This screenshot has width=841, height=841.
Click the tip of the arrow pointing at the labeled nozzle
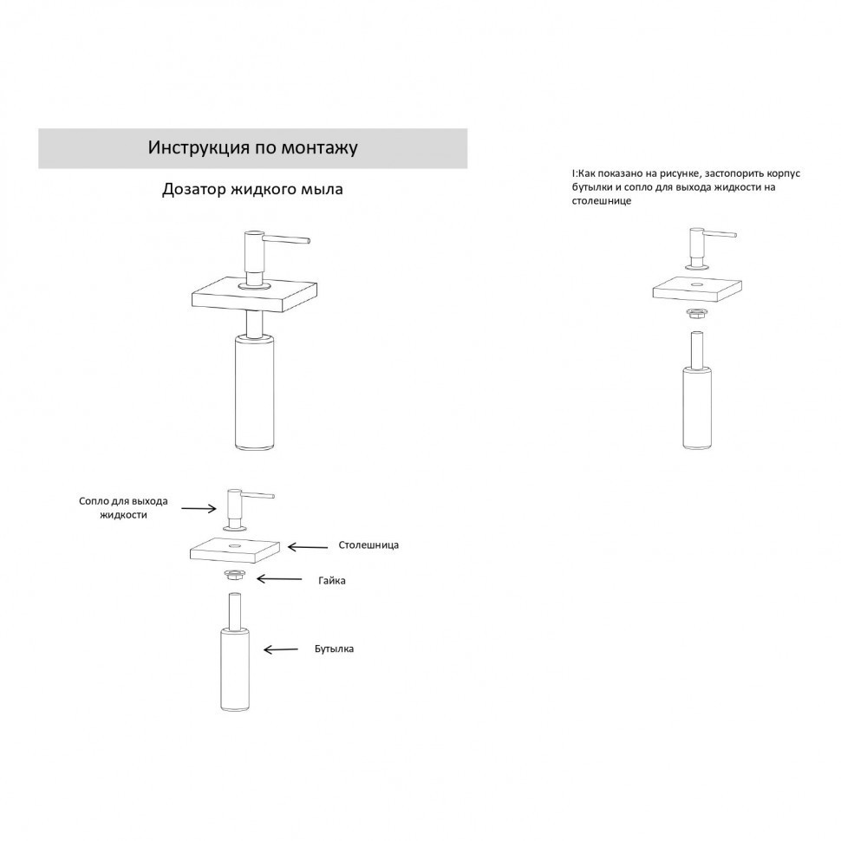point(216,508)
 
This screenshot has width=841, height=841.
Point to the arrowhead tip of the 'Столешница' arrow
point(288,547)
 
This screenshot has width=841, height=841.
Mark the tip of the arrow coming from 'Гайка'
point(257,578)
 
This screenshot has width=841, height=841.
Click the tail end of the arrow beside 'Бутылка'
point(297,649)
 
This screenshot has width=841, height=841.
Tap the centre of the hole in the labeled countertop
point(235,545)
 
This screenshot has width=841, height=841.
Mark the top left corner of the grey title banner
point(39,128)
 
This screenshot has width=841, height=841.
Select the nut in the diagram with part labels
point(234,575)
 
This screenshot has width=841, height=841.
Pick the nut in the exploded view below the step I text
point(697,313)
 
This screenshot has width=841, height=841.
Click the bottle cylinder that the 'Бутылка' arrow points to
point(235,670)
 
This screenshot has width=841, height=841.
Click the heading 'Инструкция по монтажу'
point(252,147)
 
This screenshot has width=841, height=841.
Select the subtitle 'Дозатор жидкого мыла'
point(252,190)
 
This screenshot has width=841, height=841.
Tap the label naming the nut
point(332,580)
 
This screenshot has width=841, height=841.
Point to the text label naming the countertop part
point(368,545)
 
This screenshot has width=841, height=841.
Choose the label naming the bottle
point(334,649)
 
